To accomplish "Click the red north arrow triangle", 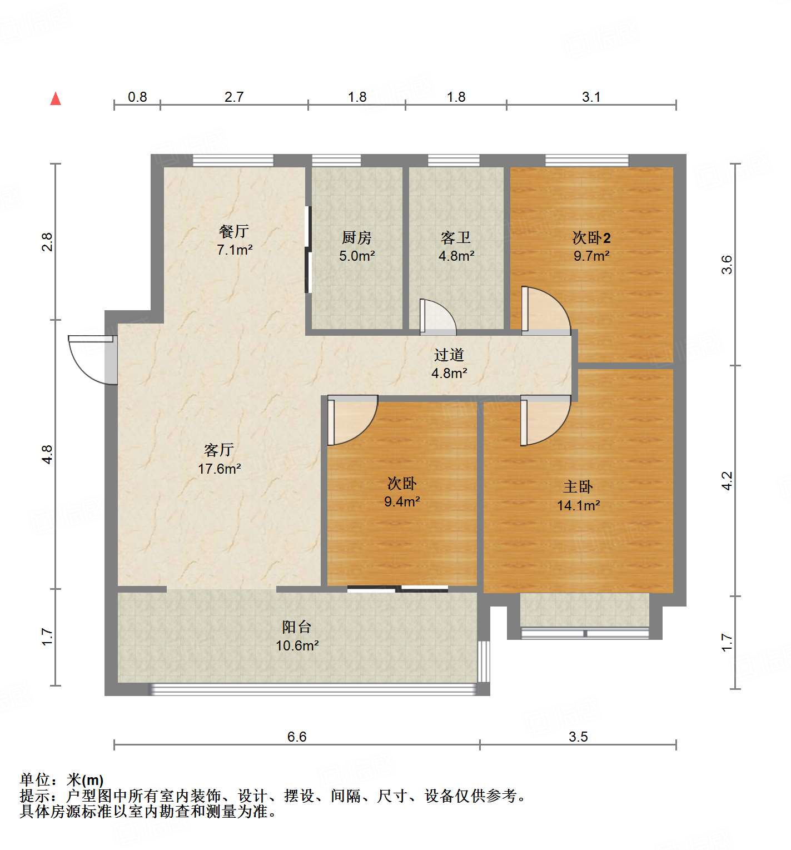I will (x=56, y=99).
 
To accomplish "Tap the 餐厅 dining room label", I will (x=234, y=231).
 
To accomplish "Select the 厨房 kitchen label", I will (x=356, y=238).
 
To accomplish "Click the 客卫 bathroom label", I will (x=456, y=238).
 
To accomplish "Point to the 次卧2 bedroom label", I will (x=591, y=238).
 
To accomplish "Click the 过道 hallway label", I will (x=449, y=355).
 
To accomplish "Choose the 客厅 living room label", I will (x=219, y=450).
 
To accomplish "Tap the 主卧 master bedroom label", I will (x=578, y=487).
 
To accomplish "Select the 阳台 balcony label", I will (x=296, y=627).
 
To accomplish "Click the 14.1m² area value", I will (x=578, y=505).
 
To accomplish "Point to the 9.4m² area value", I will (x=401, y=501).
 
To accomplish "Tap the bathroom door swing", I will (x=437, y=318).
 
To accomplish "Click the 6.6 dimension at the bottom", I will (x=297, y=737).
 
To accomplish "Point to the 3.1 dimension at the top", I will (x=591, y=97).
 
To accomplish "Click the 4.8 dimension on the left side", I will (x=48, y=454).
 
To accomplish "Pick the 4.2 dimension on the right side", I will (x=727, y=480).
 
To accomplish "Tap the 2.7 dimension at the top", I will (x=234, y=97).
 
